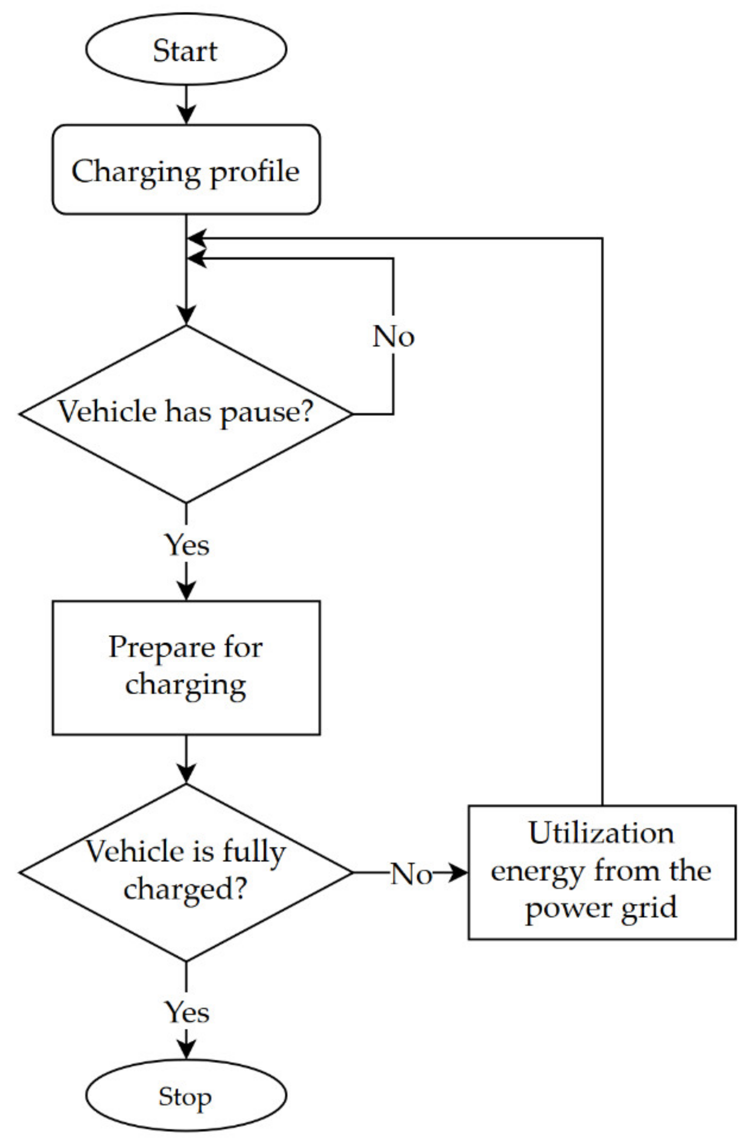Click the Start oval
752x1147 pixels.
click(186, 50)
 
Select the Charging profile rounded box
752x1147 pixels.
click(186, 170)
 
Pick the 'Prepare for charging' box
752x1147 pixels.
click(186, 668)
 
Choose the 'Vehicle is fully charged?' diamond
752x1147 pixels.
click(186, 872)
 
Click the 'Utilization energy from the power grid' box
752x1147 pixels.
click(602, 872)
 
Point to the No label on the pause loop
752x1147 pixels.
click(393, 337)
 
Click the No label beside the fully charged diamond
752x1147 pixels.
click(410, 873)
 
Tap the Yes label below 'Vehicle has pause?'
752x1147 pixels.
click(187, 545)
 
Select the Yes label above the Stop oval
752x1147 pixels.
click(187, 1012)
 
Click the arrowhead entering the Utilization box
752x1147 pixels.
click(458, 872)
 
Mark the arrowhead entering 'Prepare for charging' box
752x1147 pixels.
click(186, 591)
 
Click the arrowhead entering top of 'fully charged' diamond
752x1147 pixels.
click(186, 774)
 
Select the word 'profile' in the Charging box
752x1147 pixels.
click(255, 172)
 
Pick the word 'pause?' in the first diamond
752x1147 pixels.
click(267, 413)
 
